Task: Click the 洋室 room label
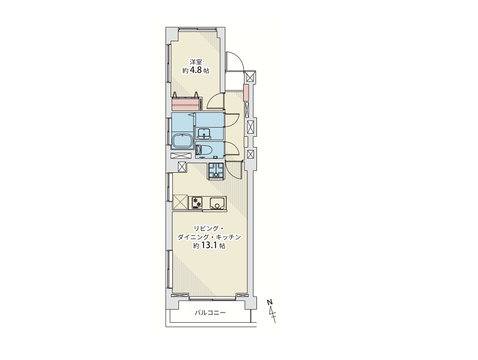coord(196,62)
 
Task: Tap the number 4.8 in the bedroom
coord(196,71)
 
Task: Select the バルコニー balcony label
coord(210,313)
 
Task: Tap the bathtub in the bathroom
coord(183,142)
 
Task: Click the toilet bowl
coord(205,149)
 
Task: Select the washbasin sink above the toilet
coord(204,133)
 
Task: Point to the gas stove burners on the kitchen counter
coord(196,203)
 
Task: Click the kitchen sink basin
coord(217,203)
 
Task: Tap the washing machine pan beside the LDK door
coord(216,171)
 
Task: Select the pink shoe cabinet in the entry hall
coord(246,92)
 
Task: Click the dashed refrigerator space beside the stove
coord(180,202)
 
